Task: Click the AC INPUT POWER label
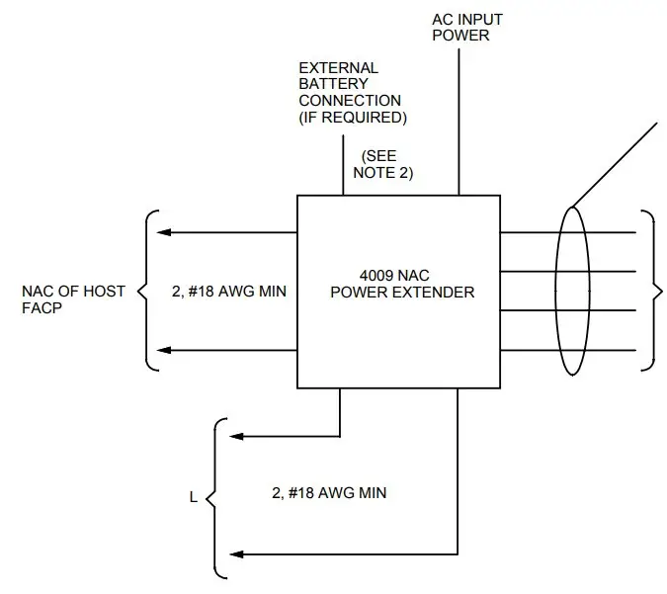[460, 27]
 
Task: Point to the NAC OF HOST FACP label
[73, 299]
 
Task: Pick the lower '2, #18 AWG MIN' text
[328, 491]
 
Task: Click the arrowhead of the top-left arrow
[167, 233]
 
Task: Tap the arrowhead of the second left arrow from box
[167, 351]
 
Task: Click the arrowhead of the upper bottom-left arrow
[236, 435]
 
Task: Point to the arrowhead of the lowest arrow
[236, 553]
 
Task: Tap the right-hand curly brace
[649, 291]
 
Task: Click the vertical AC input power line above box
[459, 119]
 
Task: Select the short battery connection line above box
[343, 168]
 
